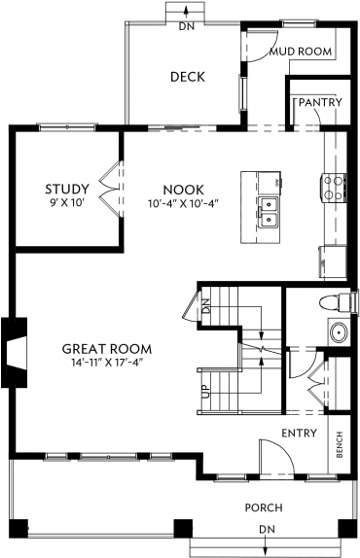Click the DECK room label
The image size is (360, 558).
tap(187, 78)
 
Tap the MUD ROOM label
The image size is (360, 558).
tap(301, 51)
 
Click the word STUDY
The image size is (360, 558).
tap(67, 189)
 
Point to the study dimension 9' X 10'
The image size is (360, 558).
tap(67, 204)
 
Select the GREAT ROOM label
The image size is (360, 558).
tap(107, 348)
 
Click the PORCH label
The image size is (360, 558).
tap(265, 507)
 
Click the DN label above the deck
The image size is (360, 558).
tap(185, 27)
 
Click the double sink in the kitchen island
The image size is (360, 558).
tap(267, 211)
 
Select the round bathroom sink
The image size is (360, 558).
tap(338, 333)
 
